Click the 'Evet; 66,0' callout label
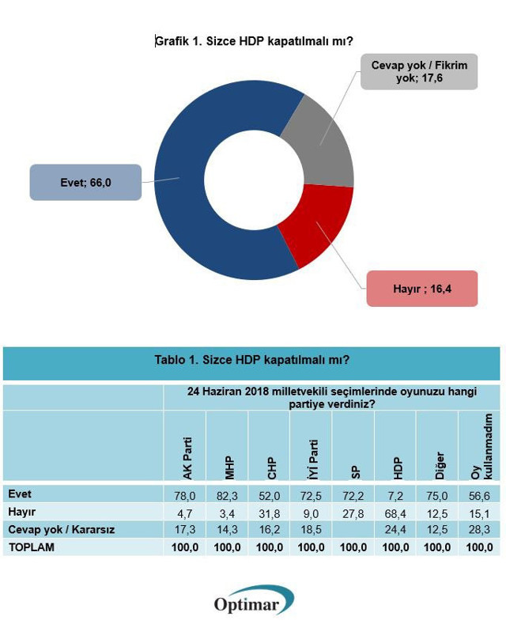(x=85, y=183)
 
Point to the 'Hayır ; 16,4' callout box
(x=421, y=289)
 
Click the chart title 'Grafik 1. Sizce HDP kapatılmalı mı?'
(x=253, y=42)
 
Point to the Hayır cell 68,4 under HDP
(x=395, y=512)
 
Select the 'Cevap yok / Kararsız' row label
(x=61, y=529)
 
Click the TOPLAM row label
(x=32, y=546)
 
